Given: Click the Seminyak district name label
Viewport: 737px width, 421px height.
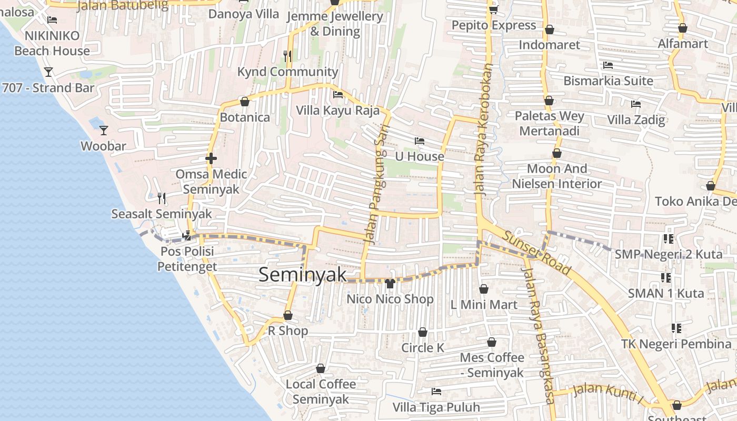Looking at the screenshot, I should [303, 275].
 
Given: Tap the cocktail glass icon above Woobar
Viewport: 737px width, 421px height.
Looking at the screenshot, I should [104, 130].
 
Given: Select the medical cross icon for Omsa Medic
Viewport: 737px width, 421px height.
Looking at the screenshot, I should [211, 158].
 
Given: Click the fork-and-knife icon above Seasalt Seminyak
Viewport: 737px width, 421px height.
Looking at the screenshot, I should [162, 198].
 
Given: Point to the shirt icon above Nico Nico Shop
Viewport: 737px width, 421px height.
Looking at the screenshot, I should [390, 284].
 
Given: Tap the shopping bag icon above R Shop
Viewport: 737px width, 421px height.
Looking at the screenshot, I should [288, 316].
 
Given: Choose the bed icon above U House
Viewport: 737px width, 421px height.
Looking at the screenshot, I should [420, 141].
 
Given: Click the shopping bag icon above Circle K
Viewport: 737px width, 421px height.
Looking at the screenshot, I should [422, 333].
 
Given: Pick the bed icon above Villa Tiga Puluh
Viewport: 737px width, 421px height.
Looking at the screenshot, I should [436, 392].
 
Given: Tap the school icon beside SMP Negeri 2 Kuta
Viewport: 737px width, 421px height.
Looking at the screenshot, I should [669, 239].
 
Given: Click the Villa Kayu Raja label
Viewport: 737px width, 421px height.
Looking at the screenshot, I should [337, 111].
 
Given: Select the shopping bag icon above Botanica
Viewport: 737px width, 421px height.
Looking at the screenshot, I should [244, 102].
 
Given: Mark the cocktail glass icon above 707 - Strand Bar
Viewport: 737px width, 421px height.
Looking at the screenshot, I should [48, 72].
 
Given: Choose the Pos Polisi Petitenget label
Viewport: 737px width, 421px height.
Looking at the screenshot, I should [187, 259].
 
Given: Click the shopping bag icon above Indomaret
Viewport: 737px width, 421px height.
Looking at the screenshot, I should [549, 29].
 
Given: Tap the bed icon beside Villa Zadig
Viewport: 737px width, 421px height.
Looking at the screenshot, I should [636, 104].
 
